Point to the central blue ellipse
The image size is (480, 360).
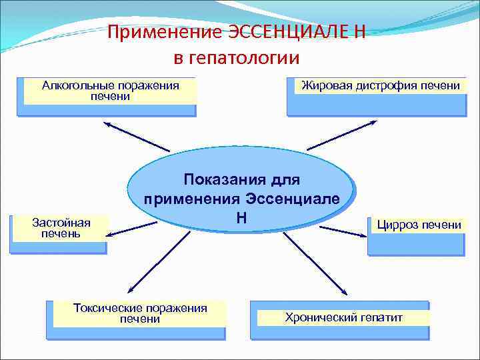[x=240, y=189]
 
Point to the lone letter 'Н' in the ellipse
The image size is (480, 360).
[x=241, y=217]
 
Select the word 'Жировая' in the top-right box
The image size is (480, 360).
[x=324, y=85]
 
